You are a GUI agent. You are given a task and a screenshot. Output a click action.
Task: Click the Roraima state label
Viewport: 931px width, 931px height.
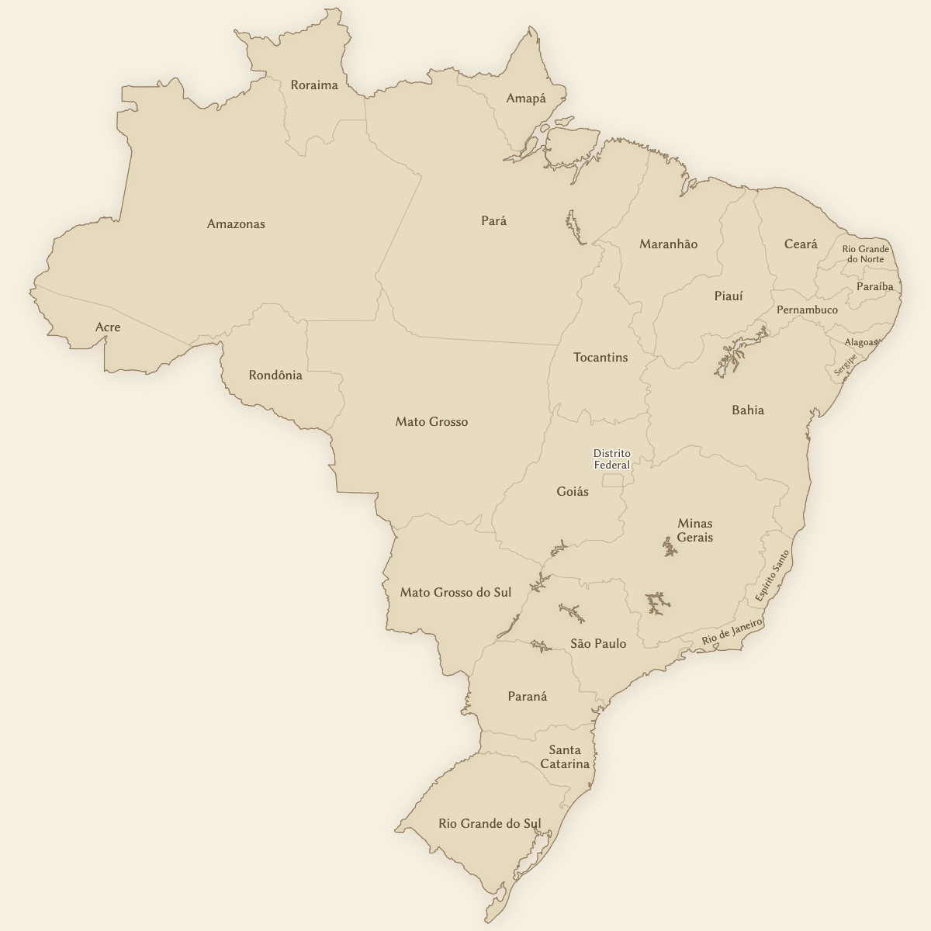click(x=314, y=85)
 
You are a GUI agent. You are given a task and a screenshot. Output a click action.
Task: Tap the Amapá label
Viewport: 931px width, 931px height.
click(x=526, y=99)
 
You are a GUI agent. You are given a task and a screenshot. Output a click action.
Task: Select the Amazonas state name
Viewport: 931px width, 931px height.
click(x=236, y=224)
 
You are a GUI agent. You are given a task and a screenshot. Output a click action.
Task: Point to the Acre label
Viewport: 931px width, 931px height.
click(x=108, y=327)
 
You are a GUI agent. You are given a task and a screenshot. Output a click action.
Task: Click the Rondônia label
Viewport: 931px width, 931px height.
click(x=275, y=376)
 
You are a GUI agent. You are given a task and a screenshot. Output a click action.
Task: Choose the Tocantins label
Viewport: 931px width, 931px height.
click(x=600, y=358)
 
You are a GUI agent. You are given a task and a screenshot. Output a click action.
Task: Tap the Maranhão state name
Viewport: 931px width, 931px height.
click(x=668, y=244)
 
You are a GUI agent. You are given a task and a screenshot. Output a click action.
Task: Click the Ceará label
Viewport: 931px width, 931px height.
click(x=801, y=244)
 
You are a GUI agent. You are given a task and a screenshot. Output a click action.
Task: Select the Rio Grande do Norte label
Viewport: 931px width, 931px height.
click(x=866, y=254)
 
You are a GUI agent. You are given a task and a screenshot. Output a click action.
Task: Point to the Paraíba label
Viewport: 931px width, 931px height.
click(x=875, y=287)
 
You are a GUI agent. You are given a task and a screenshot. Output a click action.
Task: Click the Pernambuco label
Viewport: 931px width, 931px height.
click(x=807, y=310)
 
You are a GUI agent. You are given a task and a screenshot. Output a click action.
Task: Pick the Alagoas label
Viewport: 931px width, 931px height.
click(x=861, y=342)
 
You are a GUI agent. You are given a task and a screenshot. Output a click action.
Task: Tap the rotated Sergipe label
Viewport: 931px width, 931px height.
click(x=846, y=365)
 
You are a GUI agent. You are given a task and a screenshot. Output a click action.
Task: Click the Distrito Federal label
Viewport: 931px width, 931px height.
click(x=612, y=459)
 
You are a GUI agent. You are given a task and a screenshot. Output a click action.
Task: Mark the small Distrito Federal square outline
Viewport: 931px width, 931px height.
click(x=613, y=480)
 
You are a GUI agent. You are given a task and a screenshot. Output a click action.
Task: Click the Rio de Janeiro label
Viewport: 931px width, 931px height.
click(x=732, y=632)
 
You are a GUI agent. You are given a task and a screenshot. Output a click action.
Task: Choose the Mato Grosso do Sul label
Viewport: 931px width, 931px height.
click(x=455, y=593)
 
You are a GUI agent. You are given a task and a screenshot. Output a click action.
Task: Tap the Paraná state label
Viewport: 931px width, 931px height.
click(x=528, y=697)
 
